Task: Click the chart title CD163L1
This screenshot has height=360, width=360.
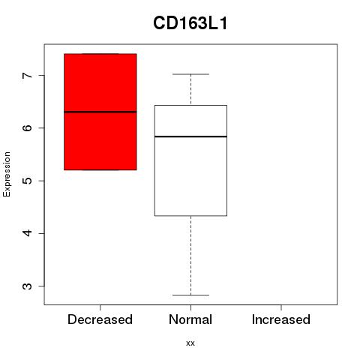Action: tap(190, 23)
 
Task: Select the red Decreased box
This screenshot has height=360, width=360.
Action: tap(100, 112)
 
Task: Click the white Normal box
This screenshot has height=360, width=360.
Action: tap(190, 160)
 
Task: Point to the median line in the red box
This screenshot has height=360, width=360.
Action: tap(100, 112)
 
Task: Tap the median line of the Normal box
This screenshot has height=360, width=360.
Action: tap(190, 136)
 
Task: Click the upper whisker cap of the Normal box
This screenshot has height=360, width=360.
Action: tap(190, 74)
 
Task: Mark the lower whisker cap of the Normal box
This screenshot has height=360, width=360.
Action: tap(190, 295)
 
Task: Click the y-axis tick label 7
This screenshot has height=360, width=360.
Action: tap(28, 75)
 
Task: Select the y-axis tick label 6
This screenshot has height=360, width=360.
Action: tap(28, 127)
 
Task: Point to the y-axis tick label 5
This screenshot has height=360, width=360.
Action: tap(28, 181)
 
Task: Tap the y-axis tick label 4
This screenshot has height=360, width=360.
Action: tap(28, 233)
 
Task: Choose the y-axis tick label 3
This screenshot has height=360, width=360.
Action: tap(28, 286)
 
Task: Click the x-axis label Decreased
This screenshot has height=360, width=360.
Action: tap(100, 319)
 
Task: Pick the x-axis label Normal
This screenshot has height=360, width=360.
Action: tap(190, 319)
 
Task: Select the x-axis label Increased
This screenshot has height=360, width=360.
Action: tap(281, 319)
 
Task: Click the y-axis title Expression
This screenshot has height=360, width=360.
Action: tap(7, 174)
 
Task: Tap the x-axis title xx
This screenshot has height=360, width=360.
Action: tap(190, 343)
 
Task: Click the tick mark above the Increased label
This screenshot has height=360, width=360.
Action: tap(281, 307)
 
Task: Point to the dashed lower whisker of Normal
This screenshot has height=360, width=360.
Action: tap(191, 256)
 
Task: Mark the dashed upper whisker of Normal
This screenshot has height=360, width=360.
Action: tap(191, 90)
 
